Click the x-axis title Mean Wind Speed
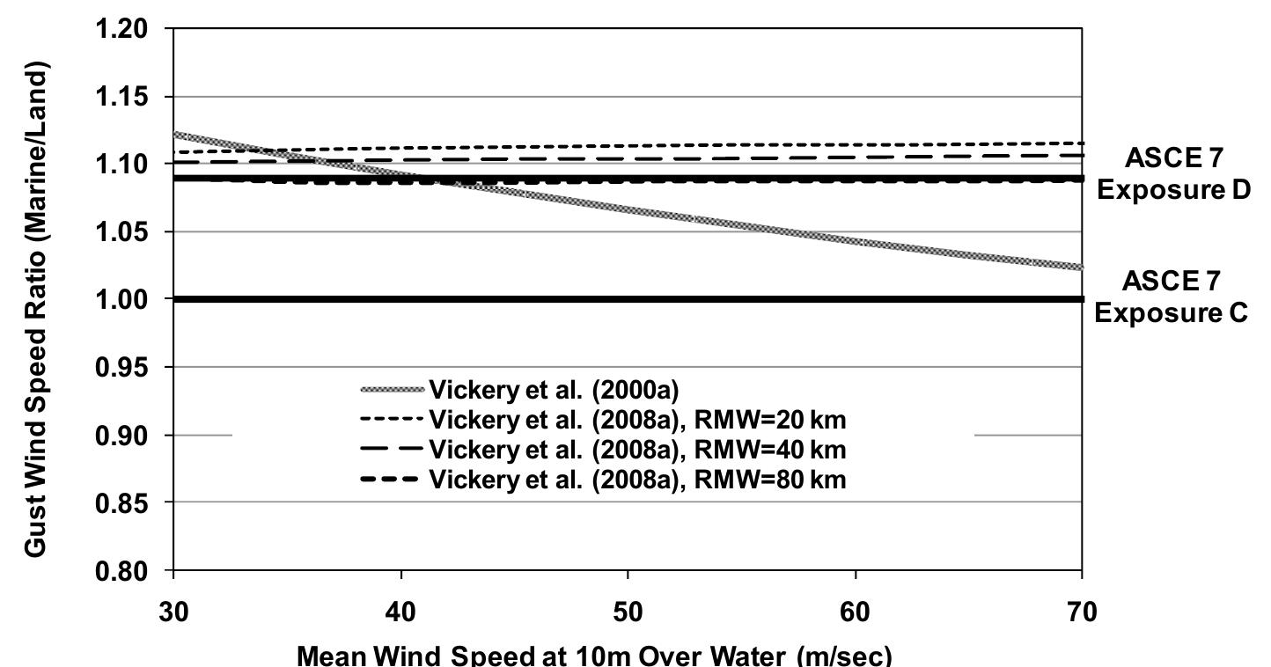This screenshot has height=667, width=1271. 594,655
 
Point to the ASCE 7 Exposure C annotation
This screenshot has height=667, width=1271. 1172,297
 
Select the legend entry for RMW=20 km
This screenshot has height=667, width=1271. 637,420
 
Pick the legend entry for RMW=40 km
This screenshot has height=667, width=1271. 637,450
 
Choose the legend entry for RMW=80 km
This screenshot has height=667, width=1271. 637,480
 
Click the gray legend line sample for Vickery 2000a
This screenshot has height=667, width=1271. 392,390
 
